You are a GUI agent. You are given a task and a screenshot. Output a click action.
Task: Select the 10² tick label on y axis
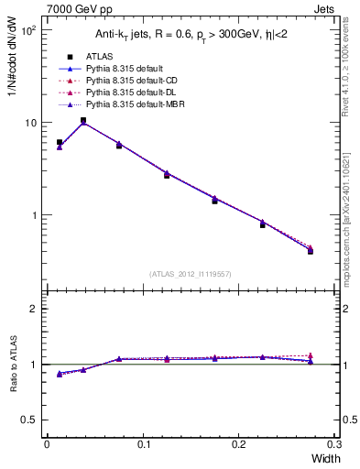28,29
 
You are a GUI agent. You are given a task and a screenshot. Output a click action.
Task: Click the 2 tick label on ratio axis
33,309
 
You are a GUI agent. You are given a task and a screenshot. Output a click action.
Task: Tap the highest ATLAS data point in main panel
83,120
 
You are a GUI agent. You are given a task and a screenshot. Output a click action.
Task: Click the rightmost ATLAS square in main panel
311,250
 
